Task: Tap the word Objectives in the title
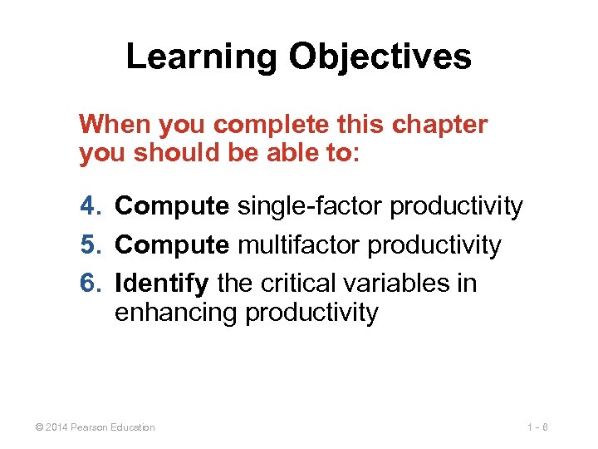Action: [x=380, y=57]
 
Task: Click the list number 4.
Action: [x=90, y=206]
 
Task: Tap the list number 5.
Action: [x=90, y=245]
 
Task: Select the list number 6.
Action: [x=90, y=284]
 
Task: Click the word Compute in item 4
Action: [x=172, y=206]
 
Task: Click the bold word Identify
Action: [x=162, y=284]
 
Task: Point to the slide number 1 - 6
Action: [x=537, y=427]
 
